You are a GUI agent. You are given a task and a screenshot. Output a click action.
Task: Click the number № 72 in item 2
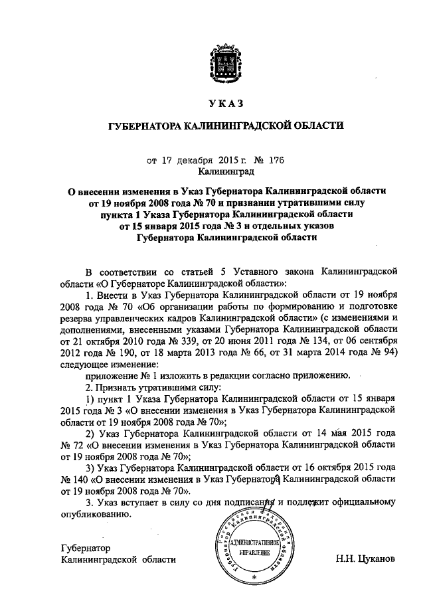[x=74, y=444]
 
